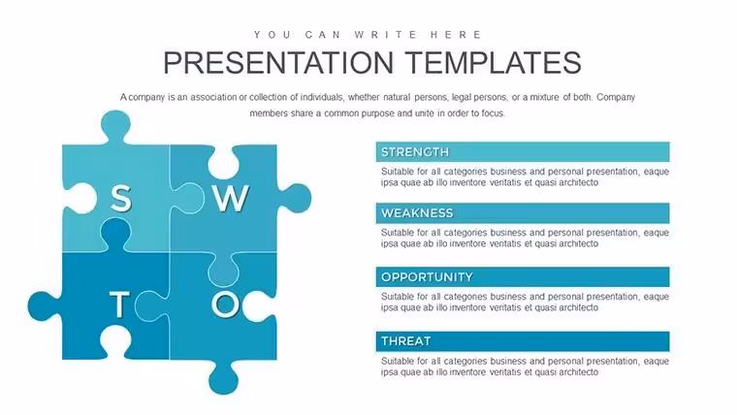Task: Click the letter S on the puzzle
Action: tap(121, 198)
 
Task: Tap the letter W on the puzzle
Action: tap(231, 198)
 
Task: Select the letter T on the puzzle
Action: tap(119, 303)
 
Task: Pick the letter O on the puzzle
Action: tap(226, 303)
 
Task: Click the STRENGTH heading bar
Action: tap(523, 152)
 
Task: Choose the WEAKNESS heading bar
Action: tap(523, 213)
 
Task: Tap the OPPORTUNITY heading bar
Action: tap(523, 276)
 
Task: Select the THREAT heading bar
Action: tap(523, 341)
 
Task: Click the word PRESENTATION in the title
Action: tap(278, 62)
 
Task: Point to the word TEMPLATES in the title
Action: tap(494, 62)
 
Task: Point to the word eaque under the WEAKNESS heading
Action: tap(657, 234)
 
